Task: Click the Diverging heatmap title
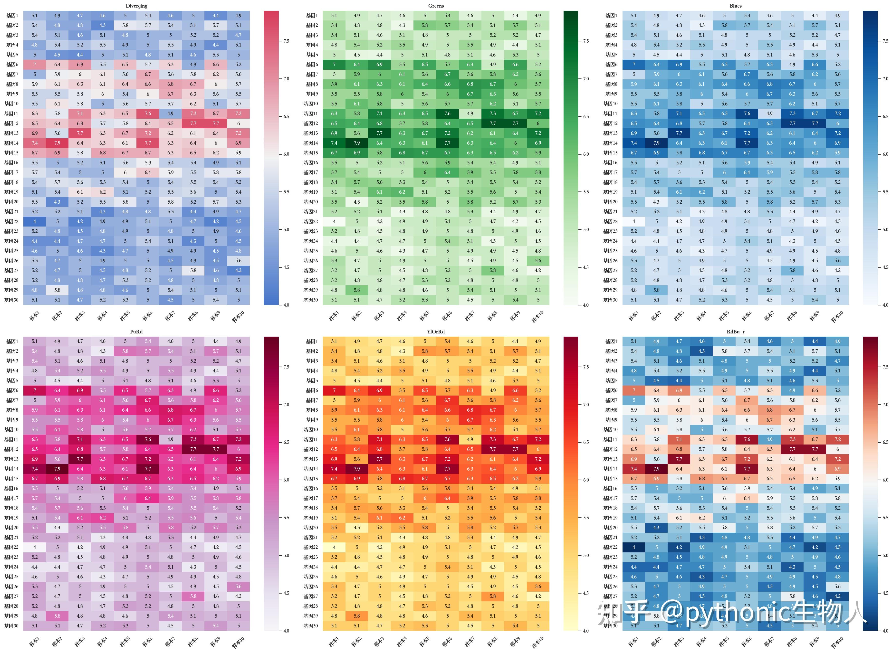coord(136,6)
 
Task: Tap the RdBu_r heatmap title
coord(735,332)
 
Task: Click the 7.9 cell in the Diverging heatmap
coord(57,143)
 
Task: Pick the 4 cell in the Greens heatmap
coord(334,221)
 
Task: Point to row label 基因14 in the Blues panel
coord(610,143)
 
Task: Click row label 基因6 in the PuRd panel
coord(12,390)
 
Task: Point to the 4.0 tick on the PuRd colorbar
coord(286,631)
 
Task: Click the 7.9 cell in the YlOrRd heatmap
coord(357,469)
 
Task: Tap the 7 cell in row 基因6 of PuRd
coord(35,390)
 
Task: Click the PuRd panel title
coord(136,332)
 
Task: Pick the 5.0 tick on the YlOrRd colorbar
coord(585,555)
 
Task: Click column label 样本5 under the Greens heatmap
coord(424,316)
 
